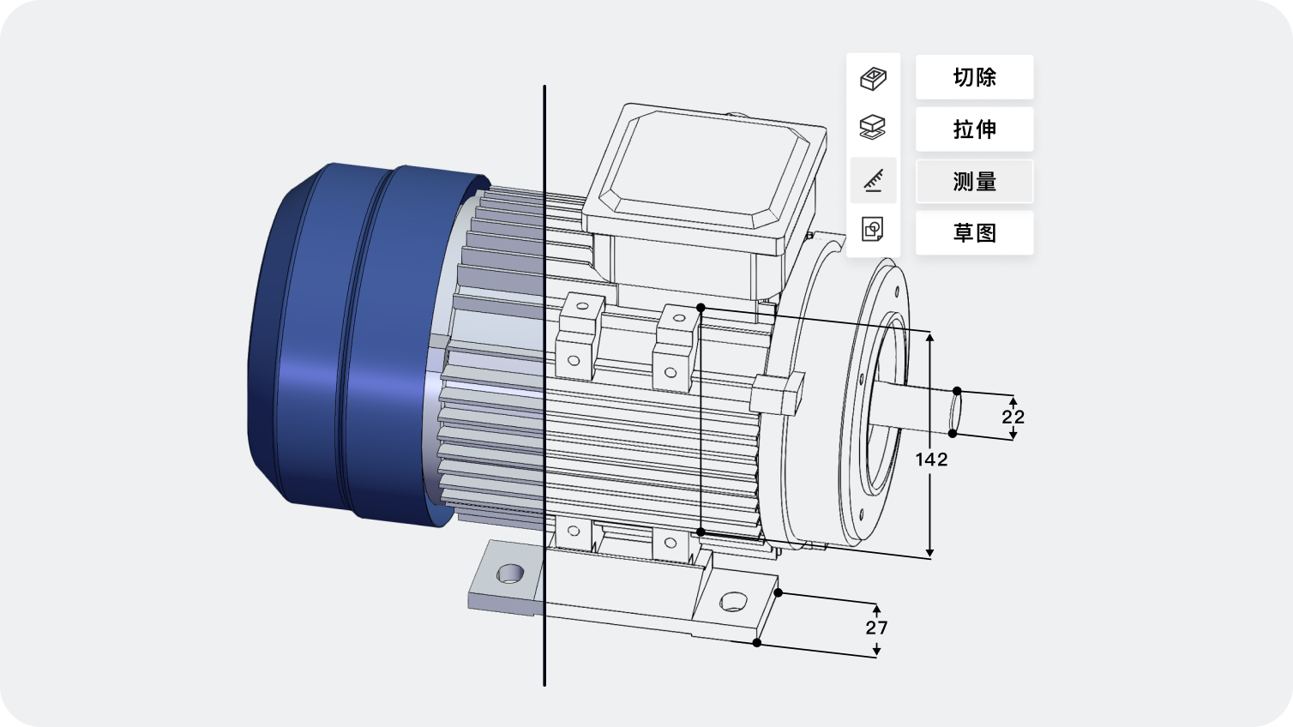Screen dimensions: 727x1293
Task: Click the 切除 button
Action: coord(974,77)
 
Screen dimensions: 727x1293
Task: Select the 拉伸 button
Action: coord(974,129)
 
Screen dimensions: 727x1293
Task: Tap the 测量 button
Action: coord(974,182)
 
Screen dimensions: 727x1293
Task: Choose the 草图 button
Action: coord(974,233)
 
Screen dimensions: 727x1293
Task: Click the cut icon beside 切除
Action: coord(873,79)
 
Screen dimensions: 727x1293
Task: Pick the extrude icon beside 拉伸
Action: coord(873,128)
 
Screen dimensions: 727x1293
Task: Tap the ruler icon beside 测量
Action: coord(873,180)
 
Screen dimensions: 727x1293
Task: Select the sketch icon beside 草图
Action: coord(873,230)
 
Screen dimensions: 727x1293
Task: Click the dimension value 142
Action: coord(931,460)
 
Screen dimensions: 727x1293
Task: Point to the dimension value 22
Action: coord(1013,418)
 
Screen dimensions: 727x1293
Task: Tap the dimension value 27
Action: coord(876,628)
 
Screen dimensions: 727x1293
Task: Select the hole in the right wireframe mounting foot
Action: coord(733,601)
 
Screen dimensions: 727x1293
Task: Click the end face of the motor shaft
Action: coord(955,412)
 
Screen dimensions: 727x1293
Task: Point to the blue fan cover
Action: coord(343,343)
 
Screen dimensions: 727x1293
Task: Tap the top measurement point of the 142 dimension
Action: coord(701,307)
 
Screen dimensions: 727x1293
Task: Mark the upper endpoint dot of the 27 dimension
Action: coord(779,592)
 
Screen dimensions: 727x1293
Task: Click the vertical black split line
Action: coord(544,386)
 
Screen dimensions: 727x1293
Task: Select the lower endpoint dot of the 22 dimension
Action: coord(953,434)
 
